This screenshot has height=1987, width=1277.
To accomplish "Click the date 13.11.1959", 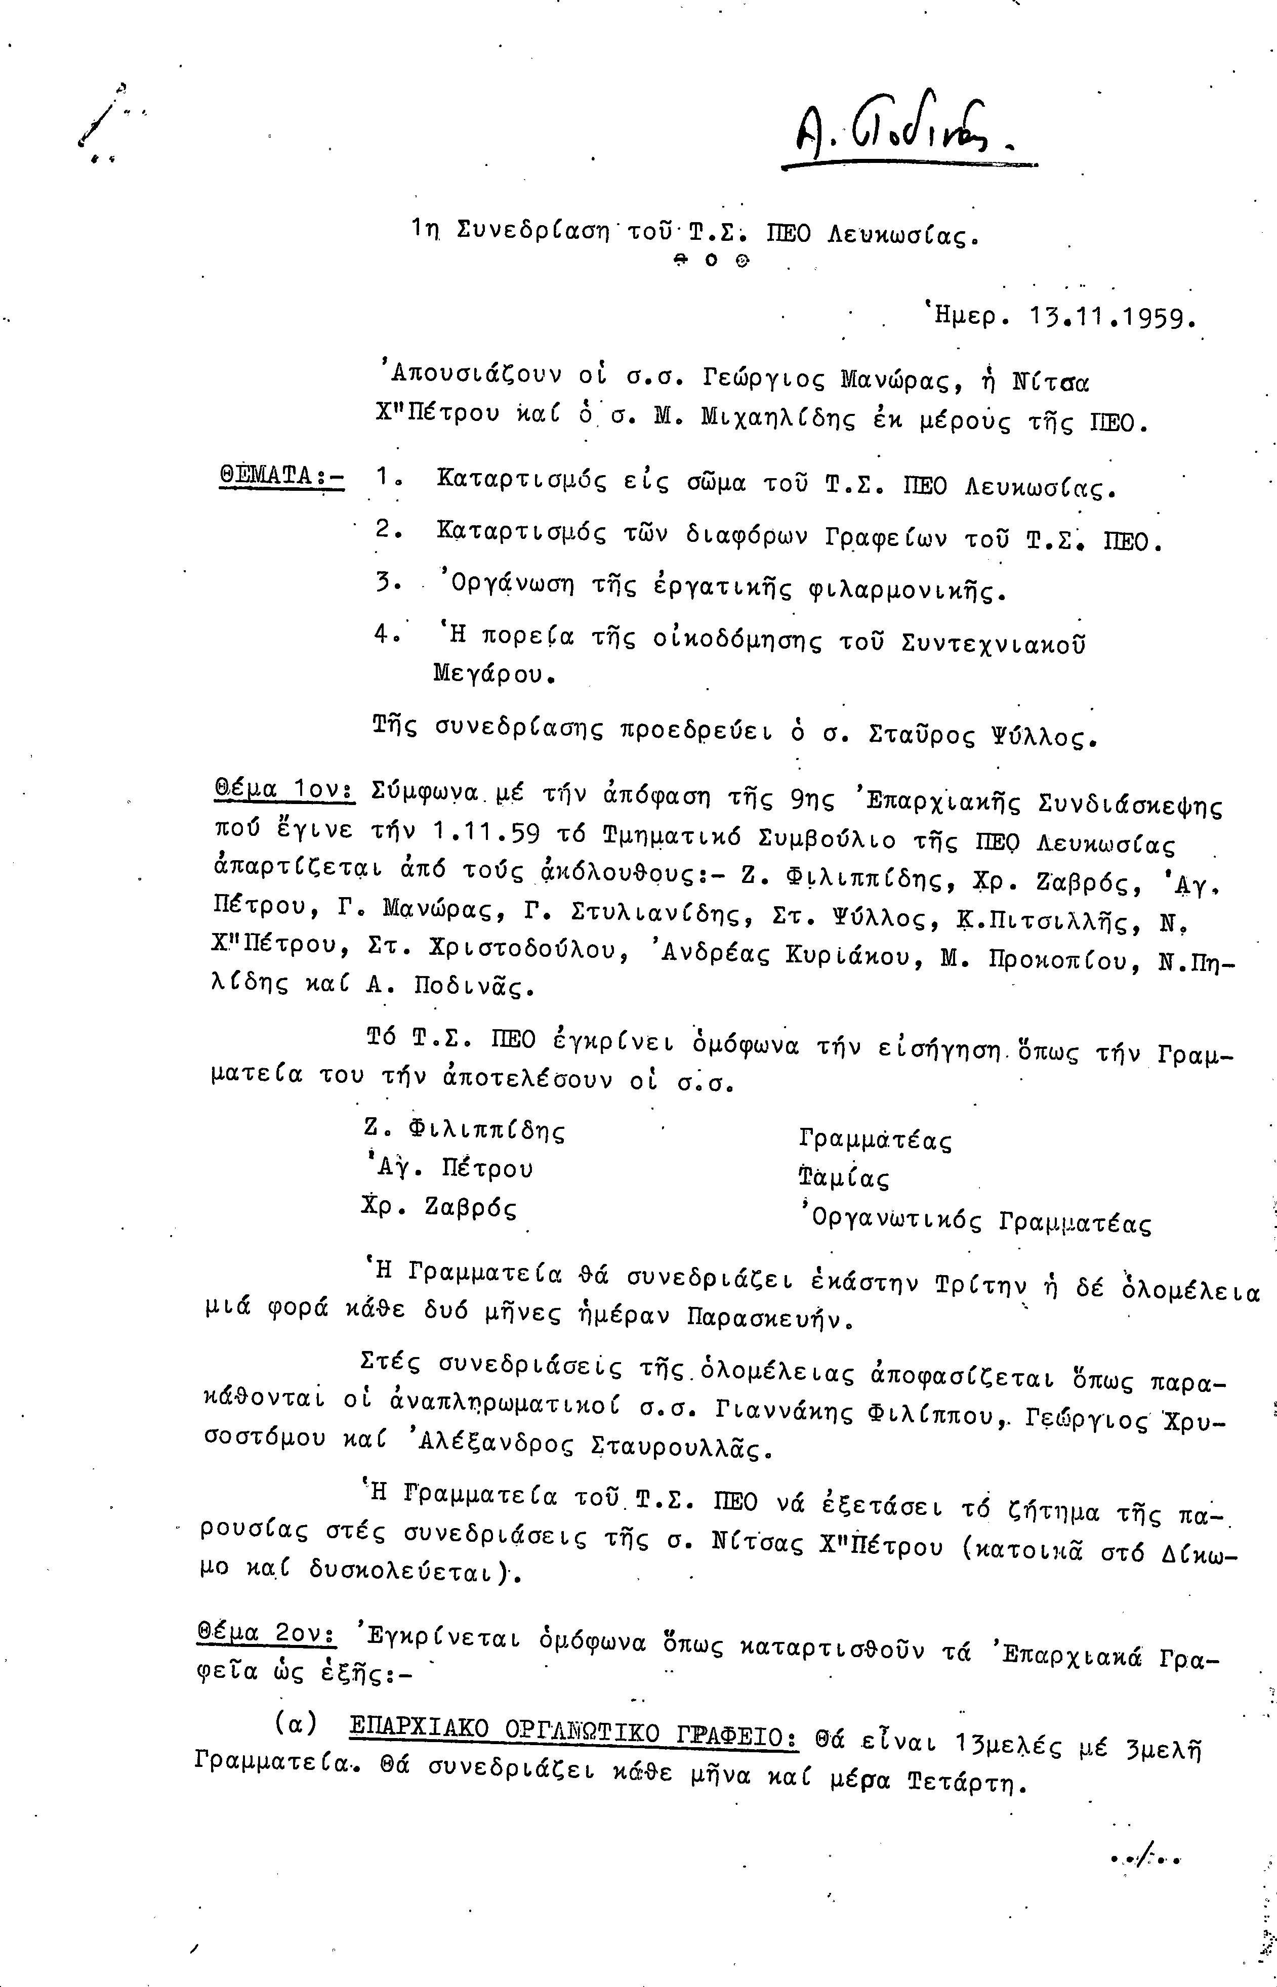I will click(1111, 317).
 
